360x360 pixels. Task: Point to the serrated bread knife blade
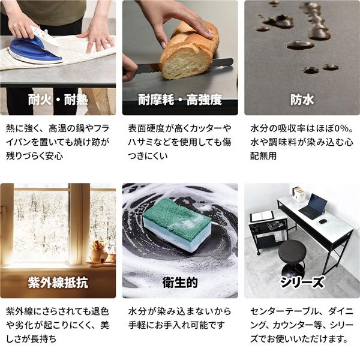pos(184,66)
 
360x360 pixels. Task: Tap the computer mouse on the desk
pos(322,221)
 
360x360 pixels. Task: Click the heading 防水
pos(302,100)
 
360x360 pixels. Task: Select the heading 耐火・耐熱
pos(58,100)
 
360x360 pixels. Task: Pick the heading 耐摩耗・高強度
pos(180,100)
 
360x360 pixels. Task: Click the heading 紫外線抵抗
pos(58,283)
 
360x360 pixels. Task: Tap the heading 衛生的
pos(180,283)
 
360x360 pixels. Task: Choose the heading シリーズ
pos(302,283)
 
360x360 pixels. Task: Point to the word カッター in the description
pos(205,128)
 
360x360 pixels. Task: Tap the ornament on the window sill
pos(99,252)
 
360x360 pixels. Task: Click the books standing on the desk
pos(298,194)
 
